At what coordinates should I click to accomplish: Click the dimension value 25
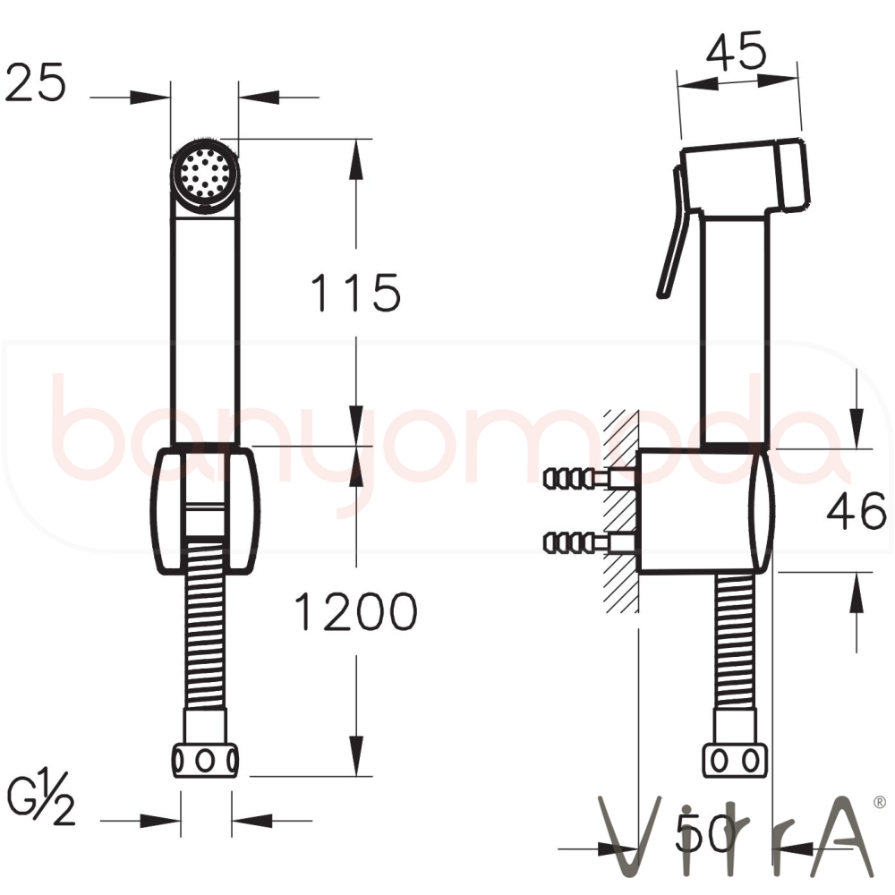[36, 82]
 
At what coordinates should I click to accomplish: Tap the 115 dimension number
[355, 293]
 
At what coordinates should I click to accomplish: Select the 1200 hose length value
[355, 611]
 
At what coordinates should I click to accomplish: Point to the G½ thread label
[40, 798]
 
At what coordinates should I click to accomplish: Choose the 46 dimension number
[857, 511]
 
